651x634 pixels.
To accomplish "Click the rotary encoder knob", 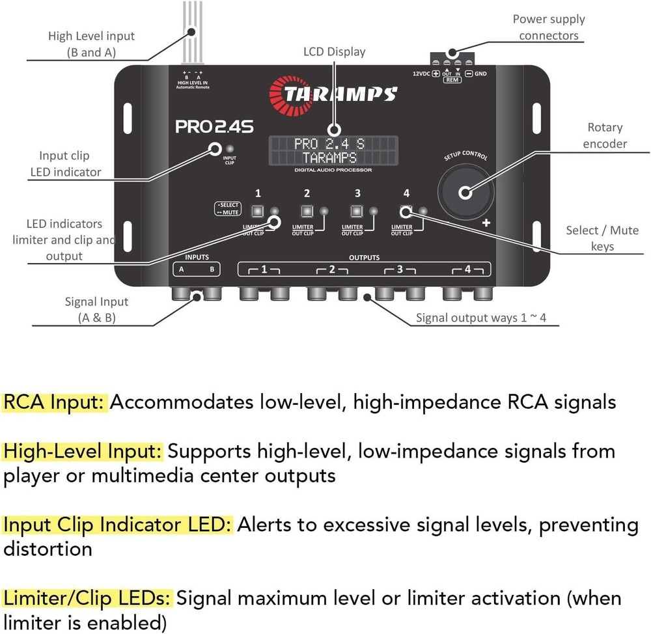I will click(x=465, y=193).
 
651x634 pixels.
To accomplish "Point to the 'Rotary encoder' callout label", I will click(x=605, y=135).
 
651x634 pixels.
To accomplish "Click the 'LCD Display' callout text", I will click(x=335, y=51).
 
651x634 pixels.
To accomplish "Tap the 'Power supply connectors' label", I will click(x=549, y=27).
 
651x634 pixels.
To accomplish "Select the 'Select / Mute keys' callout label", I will click(x=602, y=238).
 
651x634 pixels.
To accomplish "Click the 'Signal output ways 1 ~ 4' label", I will click(x=480, y=318).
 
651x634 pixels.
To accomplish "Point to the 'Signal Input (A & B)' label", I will click(x=96, y=310).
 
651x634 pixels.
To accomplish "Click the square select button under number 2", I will click(x=306, y=211).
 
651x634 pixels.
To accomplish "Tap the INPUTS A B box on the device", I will click(x=197, y=268).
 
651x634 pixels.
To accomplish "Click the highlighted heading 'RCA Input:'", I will click(x=55, y=402).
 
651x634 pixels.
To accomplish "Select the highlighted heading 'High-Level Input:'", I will click(x=83, y=450).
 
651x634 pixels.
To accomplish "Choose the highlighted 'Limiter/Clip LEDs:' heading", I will click(x=88, y=598).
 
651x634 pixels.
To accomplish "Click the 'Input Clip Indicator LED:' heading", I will click(x=117, y=524).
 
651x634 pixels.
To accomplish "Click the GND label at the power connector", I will click(x=480, y=74).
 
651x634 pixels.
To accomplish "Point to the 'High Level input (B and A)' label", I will click(x=91, y=44).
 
